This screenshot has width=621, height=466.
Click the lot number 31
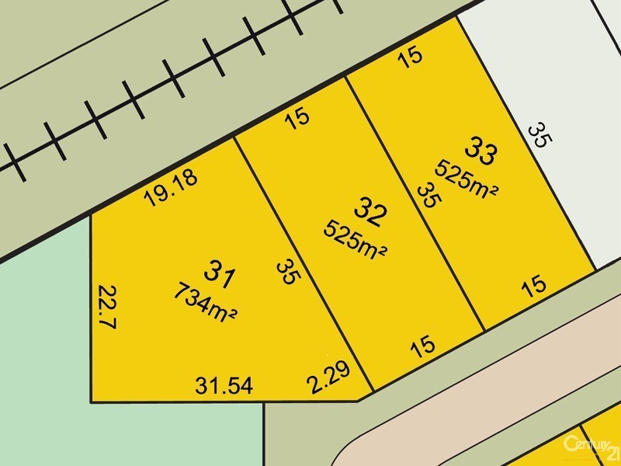219,272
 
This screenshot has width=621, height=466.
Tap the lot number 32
370,210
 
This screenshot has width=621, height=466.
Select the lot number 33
480,151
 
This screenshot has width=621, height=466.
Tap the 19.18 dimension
171,187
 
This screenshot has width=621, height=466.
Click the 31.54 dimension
225,384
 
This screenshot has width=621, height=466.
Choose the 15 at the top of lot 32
297,117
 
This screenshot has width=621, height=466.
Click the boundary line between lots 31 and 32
303,264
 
